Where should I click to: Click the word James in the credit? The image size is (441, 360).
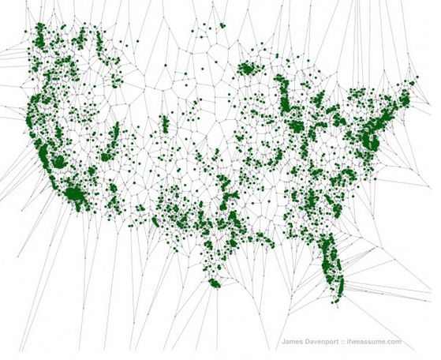click(293, 342)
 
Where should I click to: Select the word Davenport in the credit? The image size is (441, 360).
click(323, 342)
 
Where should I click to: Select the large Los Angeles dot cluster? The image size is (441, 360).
click(75, 193)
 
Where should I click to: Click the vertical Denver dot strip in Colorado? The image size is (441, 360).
click(164, 125)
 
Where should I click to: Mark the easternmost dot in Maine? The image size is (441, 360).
click(415, 78)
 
